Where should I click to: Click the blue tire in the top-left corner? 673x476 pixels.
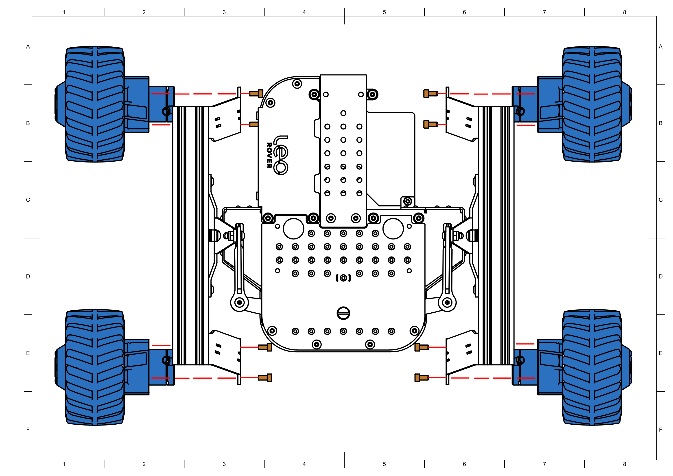pos(95,104)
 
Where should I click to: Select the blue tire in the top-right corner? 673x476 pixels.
pos(592,104)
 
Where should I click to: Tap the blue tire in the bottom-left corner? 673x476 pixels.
pos(95,367)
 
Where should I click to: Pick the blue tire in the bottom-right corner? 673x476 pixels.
pos(592,367)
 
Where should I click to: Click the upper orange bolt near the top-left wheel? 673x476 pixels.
pos(256,94)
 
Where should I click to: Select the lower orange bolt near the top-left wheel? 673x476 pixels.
pos(254,124)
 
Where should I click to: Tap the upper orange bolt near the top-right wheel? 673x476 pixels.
pos(430,94)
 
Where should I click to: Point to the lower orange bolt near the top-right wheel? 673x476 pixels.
pos(430,124)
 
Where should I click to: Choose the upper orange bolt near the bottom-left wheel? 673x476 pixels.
pos(265,347)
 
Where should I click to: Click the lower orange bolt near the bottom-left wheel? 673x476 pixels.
pos(265,378)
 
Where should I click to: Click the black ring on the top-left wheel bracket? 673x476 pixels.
pos(166,111)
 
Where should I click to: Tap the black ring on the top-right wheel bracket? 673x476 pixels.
pos(521,111)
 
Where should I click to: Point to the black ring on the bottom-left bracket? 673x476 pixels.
pos(166,360)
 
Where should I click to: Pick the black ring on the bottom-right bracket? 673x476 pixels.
pos(521,360)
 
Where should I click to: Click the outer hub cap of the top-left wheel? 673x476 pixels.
pos(61,104)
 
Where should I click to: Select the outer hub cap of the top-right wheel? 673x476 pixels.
pos(625,104)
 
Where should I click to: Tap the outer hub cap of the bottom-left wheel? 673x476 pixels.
pos(61,367)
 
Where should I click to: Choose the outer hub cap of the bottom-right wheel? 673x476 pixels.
pos(625,367)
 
